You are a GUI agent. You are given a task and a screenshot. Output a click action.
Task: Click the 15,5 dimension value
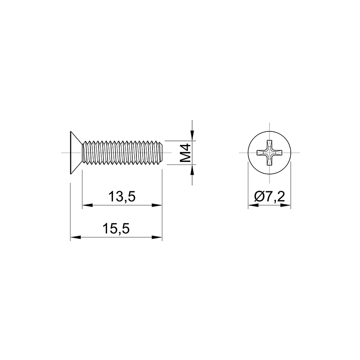tap(116, 229)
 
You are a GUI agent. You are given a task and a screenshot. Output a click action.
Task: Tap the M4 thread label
tap(185, 153)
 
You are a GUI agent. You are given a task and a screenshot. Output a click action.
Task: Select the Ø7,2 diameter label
tap(270, 197)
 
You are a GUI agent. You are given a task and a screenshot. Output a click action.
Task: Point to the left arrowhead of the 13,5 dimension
tap(87, 205)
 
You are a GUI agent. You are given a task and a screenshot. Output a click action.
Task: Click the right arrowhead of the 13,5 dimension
tap(157, 205)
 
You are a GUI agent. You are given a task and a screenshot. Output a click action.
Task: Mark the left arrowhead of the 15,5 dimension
tap(76, 238)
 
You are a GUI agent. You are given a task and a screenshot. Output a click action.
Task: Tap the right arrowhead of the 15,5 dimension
tap(157, 238)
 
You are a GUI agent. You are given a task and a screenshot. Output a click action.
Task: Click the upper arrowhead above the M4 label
tap(192, 135)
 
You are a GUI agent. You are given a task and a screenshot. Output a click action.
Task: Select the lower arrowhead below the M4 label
tap(192, 170)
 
